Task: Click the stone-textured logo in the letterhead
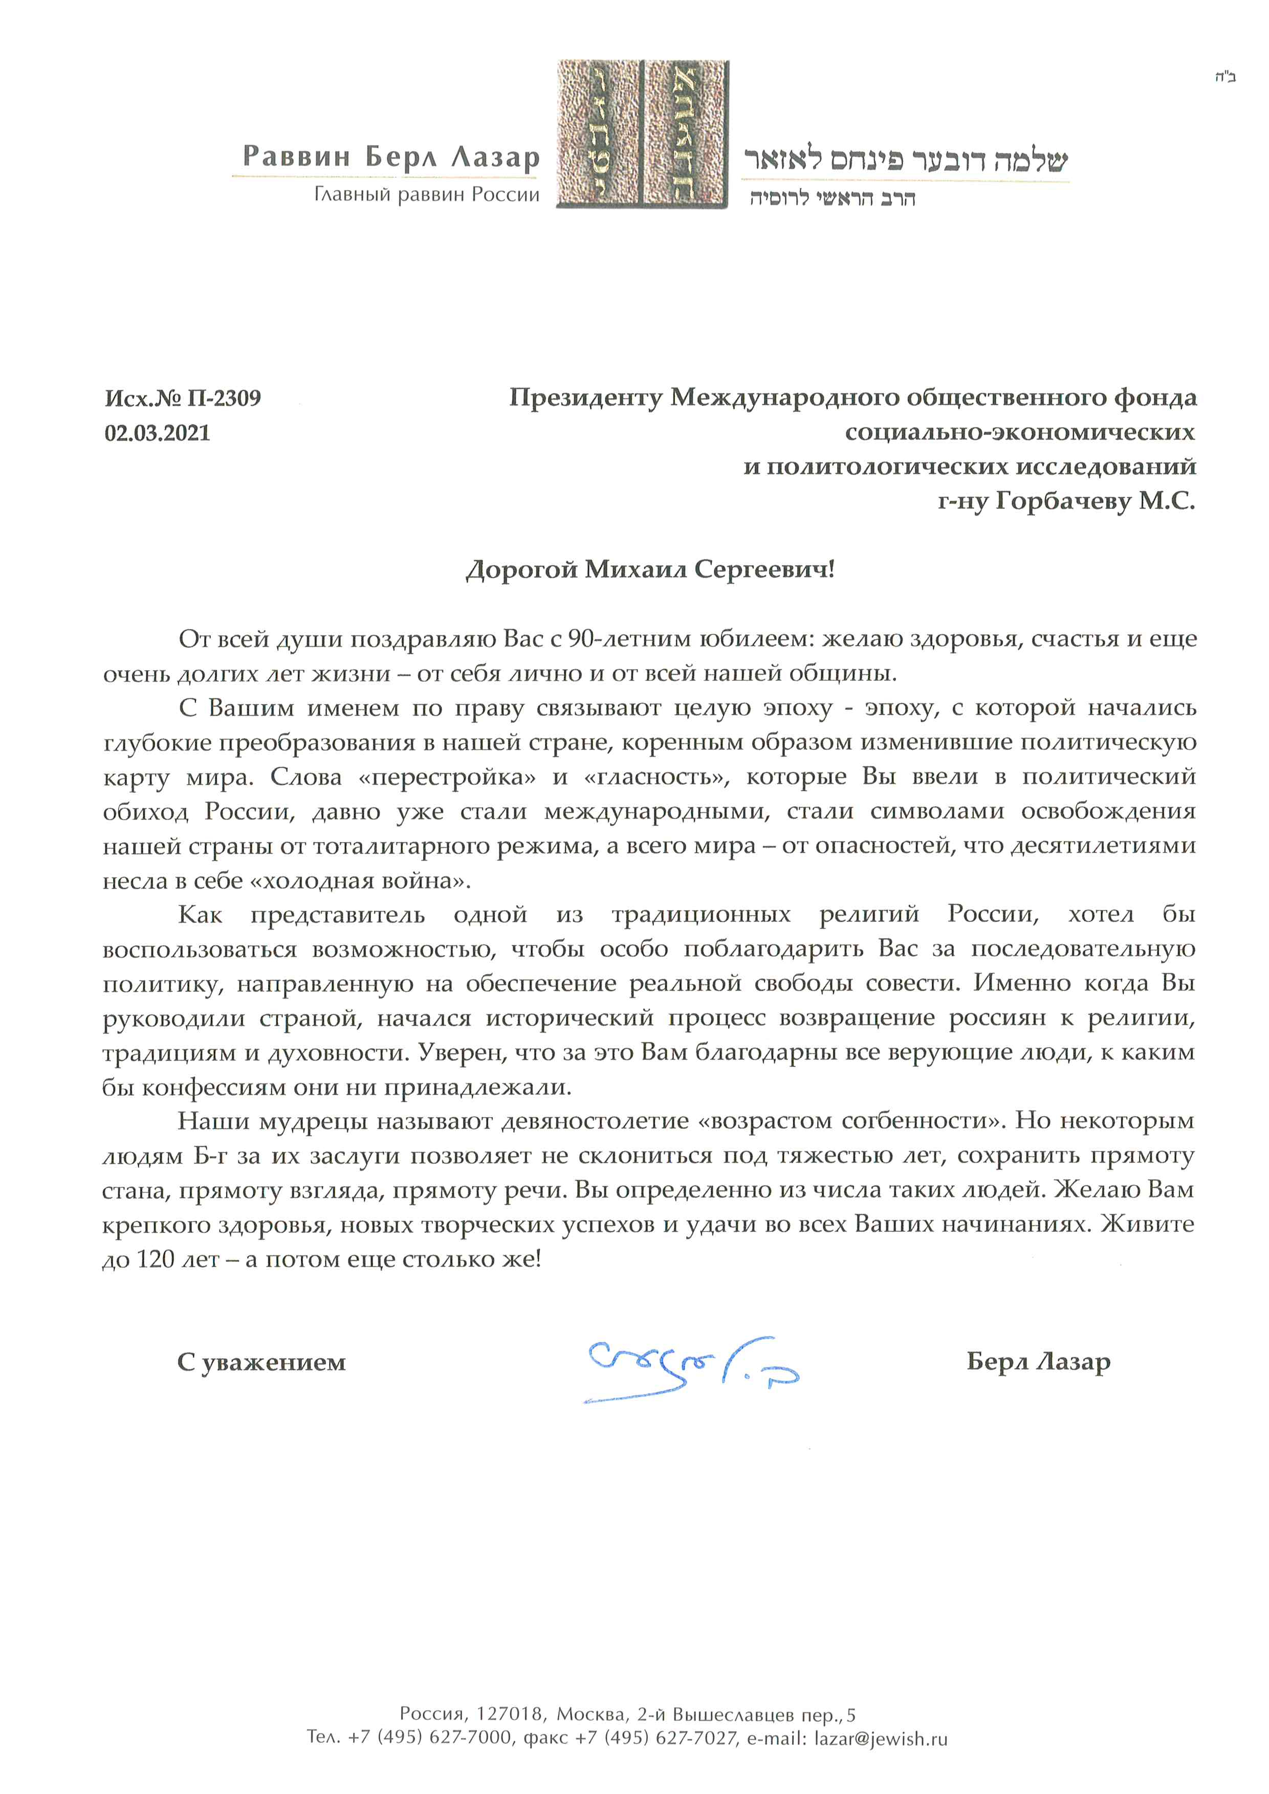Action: (x=642, y=135)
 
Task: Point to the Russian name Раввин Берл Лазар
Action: (x=391, y=156)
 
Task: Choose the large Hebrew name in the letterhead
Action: (x=905, y=160)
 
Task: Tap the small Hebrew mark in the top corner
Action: (x=1224, y=77)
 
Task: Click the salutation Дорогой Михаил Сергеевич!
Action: (x=650, y=570)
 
